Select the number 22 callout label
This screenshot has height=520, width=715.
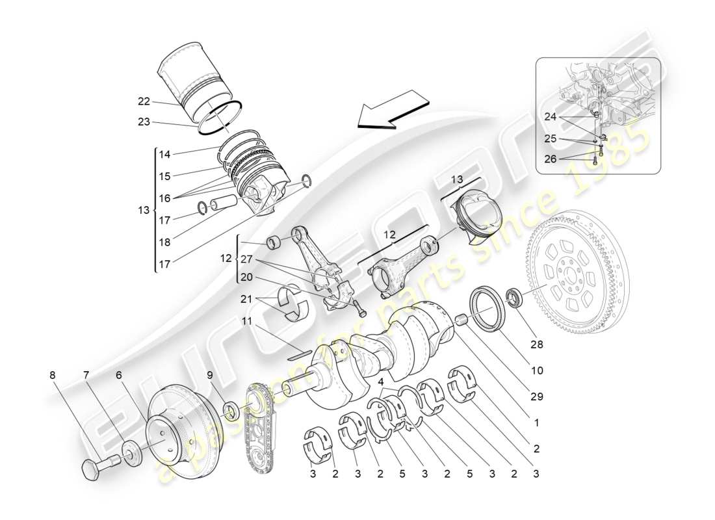click(144, 101)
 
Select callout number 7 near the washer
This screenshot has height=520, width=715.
click(86, 375)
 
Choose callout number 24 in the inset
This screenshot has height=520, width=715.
click(551, 117)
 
